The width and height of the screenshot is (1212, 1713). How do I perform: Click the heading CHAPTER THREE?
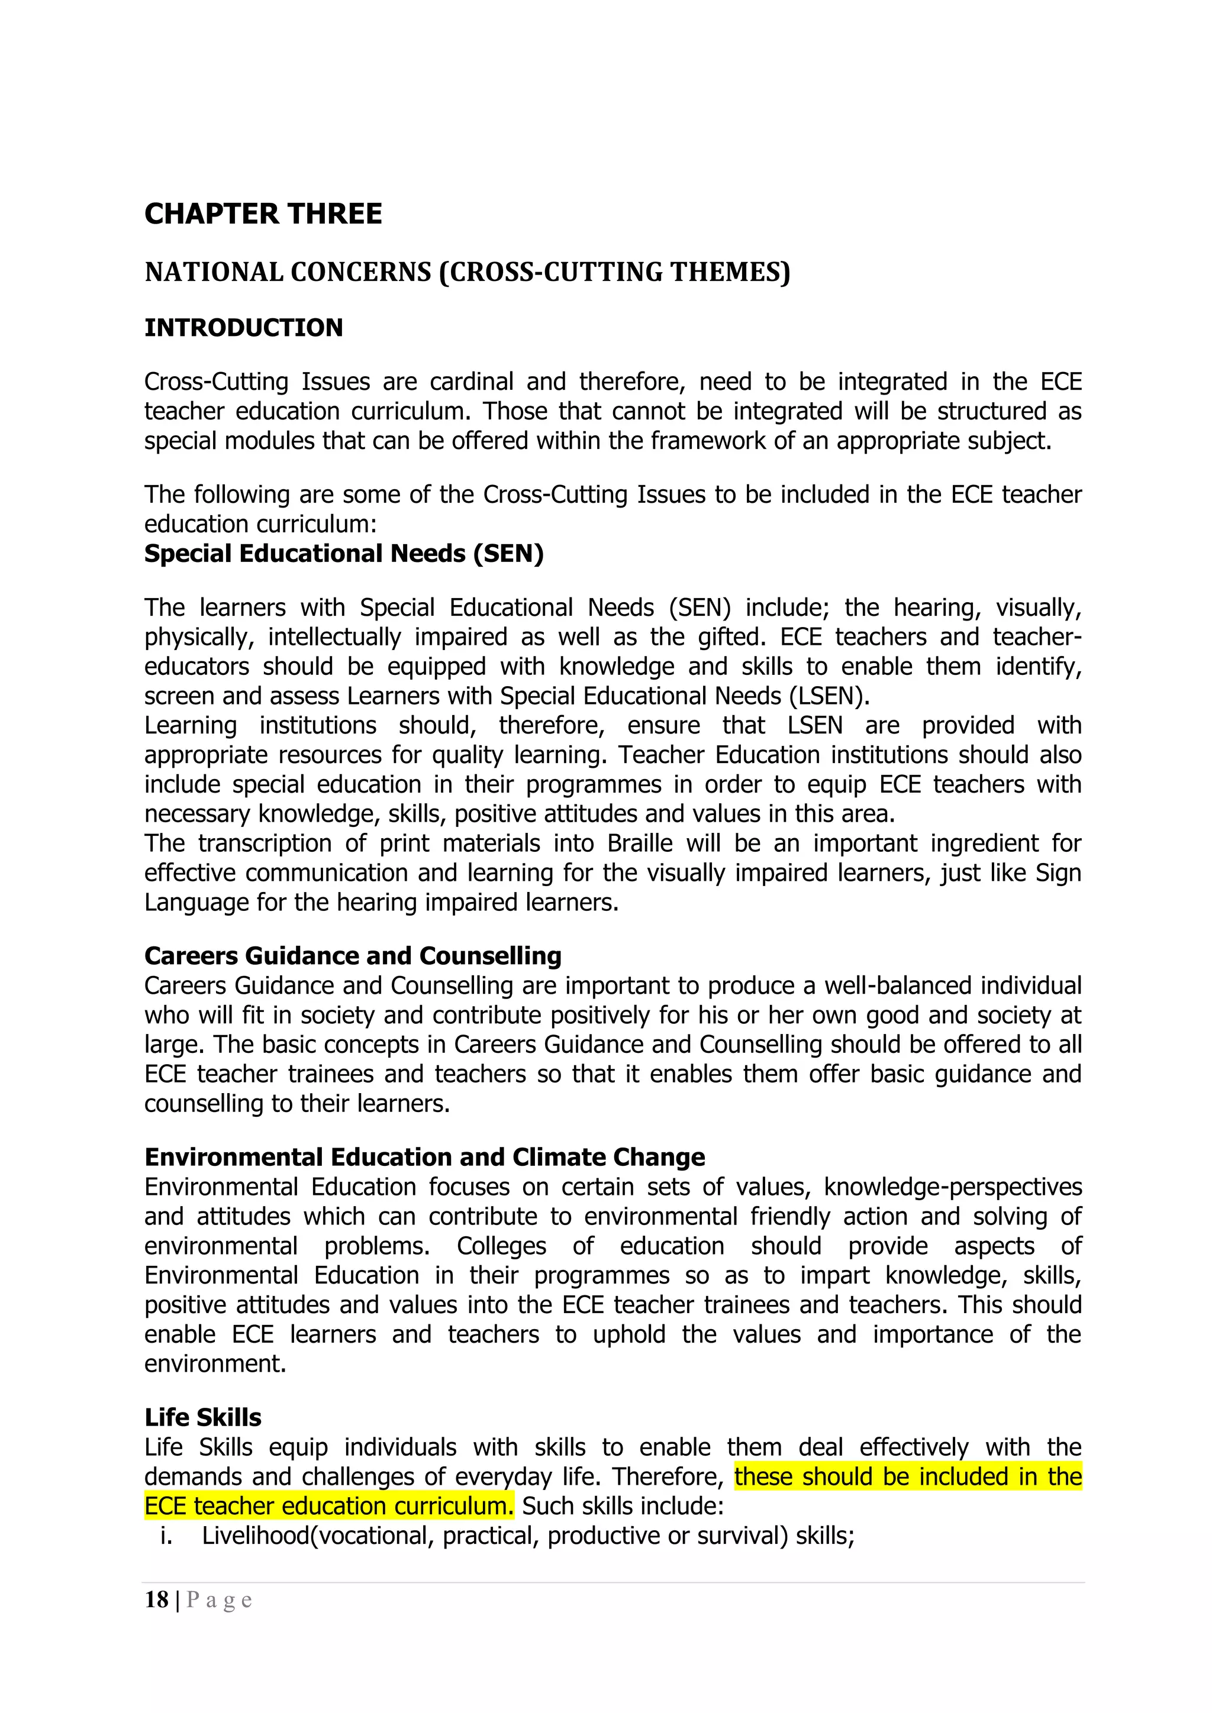click(x=263, y=214)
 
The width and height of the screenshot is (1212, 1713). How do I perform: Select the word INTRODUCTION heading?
click(x=243, y=328)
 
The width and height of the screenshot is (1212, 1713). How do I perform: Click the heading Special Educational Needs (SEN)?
click(x=343, y=554)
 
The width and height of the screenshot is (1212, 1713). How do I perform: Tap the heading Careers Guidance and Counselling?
click(x=352, y=956)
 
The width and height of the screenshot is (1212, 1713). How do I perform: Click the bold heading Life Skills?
click(x=202, y=1418)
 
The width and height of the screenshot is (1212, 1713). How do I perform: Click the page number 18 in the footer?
click(x=157, y=1599)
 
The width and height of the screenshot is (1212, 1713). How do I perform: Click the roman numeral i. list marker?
click(x=166, y=1536)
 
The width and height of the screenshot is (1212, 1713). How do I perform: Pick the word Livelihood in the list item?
click(x=254, y=1536)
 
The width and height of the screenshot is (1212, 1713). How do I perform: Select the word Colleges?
click(x=501, y=1246)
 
